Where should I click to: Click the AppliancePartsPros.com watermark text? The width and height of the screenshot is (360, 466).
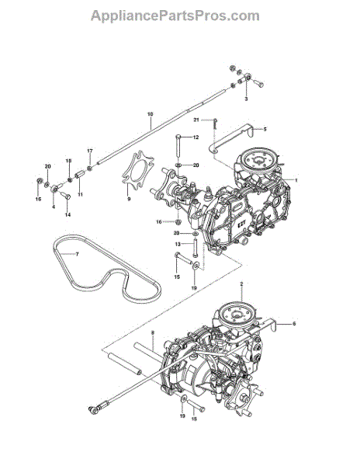coord(175,16)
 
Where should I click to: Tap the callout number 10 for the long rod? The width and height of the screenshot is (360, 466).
coord(151,114)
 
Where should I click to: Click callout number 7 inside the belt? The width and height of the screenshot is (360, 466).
coord(77,254)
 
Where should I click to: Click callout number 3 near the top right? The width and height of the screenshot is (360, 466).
coord(246,99)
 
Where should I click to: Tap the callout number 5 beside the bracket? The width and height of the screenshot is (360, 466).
coord(265,129)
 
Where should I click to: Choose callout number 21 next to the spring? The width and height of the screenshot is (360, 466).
coord(196,120)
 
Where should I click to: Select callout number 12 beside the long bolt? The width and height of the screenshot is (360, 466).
coord(196,137)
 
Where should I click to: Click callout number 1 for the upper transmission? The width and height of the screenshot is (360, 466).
coord(296,180)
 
